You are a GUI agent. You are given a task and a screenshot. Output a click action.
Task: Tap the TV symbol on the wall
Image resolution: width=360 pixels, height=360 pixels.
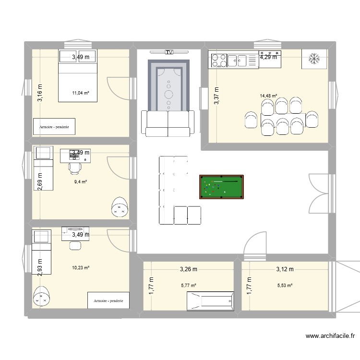(x=168, y=52)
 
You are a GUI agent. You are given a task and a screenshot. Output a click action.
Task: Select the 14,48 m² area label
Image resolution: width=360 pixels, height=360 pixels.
(x=268, y=96)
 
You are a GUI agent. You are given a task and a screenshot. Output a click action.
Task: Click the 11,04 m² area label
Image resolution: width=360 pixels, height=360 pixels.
(x=81, y=93)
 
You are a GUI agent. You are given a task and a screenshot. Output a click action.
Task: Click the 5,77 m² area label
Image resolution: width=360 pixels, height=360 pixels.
(x=189, y=286)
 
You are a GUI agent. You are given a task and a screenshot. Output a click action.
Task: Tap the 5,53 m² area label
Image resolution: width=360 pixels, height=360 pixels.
(x=285, y=286)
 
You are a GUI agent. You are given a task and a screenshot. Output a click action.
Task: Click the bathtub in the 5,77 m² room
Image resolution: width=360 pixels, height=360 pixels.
(x=210, y=301)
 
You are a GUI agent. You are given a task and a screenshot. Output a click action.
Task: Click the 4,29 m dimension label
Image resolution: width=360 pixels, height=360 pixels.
(x=269, y=58)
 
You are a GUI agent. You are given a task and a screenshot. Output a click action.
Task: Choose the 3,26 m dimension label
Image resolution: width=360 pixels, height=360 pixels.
(x=189, y=269)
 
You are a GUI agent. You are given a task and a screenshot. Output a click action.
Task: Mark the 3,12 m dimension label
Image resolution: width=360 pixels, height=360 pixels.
(x=285, y=269)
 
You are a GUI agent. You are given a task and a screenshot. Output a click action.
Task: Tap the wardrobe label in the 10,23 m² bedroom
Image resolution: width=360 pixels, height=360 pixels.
(x=109, y=300)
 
